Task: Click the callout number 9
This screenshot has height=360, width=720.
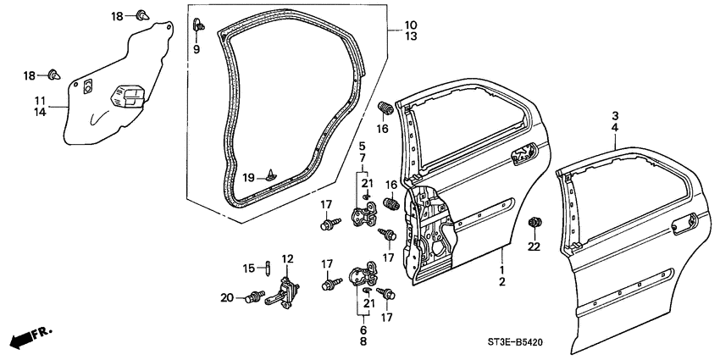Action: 197,50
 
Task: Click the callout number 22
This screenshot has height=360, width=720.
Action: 533,246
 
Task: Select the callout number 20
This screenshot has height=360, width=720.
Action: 226,296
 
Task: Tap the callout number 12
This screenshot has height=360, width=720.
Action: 287,258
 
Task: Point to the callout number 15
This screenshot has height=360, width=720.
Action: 249,268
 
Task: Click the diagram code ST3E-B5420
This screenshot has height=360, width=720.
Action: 669,341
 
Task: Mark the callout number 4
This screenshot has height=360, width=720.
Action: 616,128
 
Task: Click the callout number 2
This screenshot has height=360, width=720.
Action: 501,280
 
